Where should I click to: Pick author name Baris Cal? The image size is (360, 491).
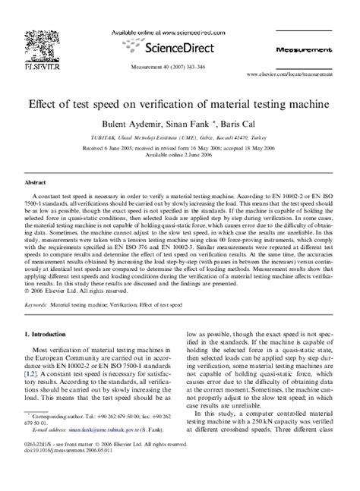point(238,121)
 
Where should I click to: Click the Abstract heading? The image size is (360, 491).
point(36,184)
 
